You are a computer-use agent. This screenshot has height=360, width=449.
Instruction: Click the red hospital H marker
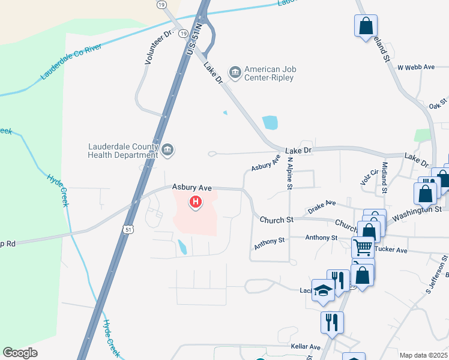pos(195,202)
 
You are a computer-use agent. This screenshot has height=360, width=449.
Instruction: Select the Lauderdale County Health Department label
pos(122,150)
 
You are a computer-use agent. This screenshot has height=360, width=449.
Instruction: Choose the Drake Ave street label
pos(322,206)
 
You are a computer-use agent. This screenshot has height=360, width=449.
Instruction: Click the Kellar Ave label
pos(306,347)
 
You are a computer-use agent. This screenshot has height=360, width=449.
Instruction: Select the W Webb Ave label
pos(415,67)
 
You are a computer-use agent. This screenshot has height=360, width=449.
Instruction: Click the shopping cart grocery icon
pos(363,247)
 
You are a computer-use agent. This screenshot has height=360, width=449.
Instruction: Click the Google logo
pos(20,353)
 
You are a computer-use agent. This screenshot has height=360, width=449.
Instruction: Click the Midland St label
pos(385,177)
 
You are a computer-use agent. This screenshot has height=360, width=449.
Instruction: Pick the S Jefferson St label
pos(437,275)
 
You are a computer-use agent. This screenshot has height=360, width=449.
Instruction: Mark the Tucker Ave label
pos(391,250)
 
